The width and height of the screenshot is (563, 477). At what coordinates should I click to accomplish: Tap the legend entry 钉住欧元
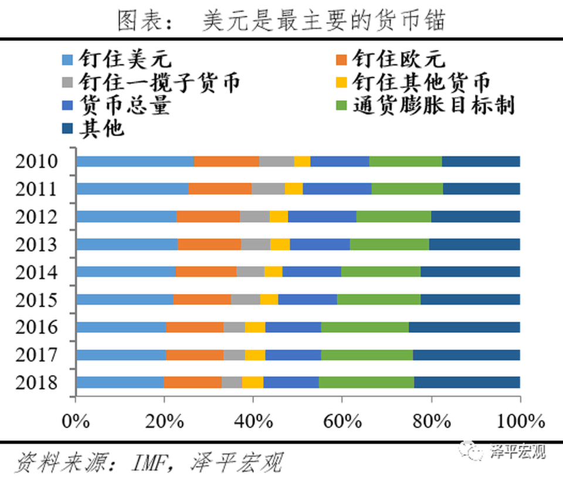[398, 59]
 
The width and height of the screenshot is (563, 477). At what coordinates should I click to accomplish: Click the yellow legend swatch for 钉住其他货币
[342, 83]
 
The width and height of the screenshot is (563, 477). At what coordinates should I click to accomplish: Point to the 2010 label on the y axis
[36, 162]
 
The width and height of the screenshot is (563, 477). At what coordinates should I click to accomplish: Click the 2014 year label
[36, 272]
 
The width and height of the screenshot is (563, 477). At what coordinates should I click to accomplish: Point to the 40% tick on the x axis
[253, 421]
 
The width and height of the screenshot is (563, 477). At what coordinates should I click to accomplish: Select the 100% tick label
[520, 421]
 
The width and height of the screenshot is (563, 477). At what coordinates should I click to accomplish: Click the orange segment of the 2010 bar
[226, 162]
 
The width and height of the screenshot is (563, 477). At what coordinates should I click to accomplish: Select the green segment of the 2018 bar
[366, 383]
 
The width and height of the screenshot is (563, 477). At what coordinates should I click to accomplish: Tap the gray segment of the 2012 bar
[255, 216]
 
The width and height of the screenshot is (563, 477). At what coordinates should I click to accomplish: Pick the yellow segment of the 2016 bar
[255, 327]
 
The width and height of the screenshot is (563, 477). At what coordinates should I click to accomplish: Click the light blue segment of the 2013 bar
[127, 244]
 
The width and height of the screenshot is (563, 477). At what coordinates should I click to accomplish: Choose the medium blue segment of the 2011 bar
[337, 189]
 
